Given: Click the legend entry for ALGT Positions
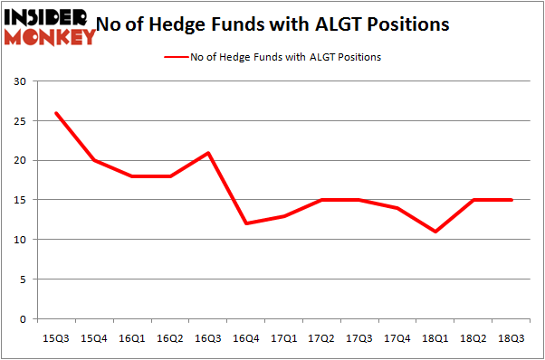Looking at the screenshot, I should tap(282, 57).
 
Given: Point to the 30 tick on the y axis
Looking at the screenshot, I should tap(19, 82).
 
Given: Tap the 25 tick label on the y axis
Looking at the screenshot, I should tap(19, 121).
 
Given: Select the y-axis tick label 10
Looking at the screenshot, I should tap(19, 241).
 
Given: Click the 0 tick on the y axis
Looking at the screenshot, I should tap(22, 319).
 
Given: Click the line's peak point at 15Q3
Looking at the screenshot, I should tap(55, 113).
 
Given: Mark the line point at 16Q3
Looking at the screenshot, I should tap(207, 153).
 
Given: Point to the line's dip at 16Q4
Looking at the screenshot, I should tap(245, 224).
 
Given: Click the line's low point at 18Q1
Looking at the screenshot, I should tap(435, 232).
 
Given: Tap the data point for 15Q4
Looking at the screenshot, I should tap(93, 161).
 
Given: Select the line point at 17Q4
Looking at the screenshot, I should tap(397, 208).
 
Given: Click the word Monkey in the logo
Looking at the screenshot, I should tap(52, 37).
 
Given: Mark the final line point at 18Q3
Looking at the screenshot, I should tap(512, 200).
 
